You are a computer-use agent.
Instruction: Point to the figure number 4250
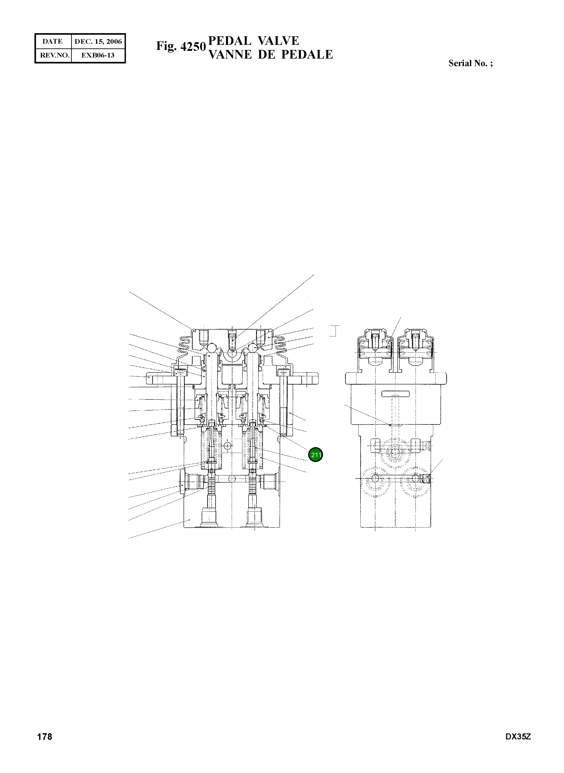point(193,46)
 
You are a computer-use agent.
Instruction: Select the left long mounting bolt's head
point(180,372)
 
